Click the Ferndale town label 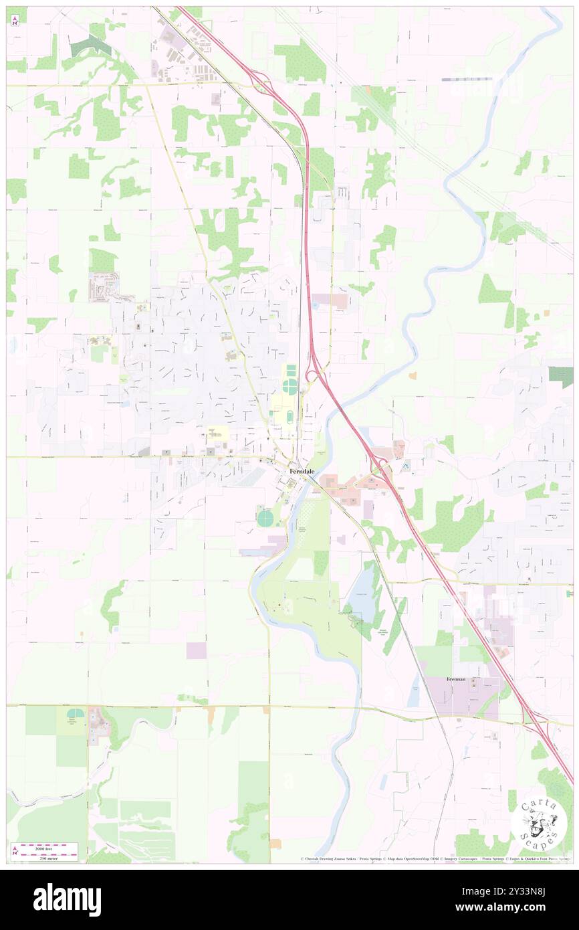(302, 471)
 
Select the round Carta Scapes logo (538, 824)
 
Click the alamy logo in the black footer (67, 899)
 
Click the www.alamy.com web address (507, 908)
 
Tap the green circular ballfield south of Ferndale (265, 517)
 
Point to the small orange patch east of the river (413, 375)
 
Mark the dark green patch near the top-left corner (92, 45)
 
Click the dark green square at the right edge (561, 377)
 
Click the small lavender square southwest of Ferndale (197, 650)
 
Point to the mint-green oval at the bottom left (76, 714)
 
